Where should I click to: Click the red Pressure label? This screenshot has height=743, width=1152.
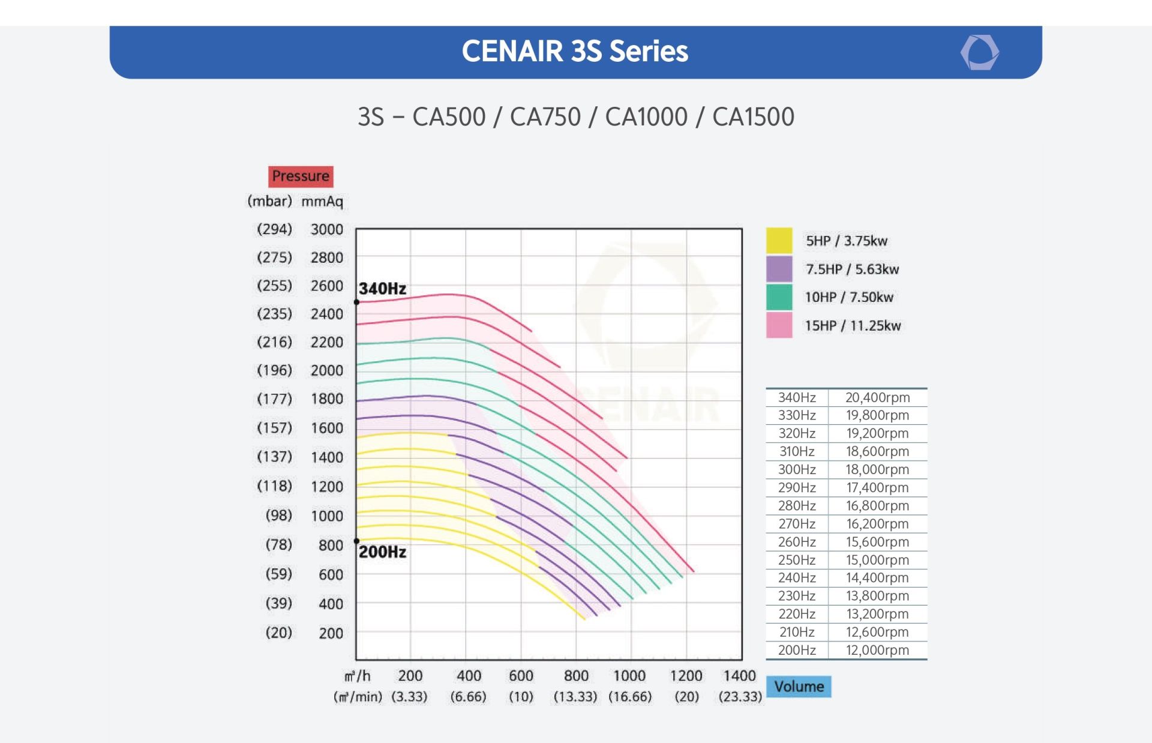tap(300, 176)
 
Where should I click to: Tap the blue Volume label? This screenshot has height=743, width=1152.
tap(799, 687)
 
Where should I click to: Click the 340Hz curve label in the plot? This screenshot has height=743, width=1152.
tap(382, 289)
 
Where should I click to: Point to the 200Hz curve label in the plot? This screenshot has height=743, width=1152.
tap(382, 552)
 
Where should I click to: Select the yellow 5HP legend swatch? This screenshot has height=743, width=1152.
tap(779, 241)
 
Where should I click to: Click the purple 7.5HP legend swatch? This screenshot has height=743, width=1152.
tap(779, 269)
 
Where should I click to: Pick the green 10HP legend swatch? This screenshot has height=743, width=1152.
tap(779, 297)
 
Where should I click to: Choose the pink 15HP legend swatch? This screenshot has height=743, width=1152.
tap(779, 325)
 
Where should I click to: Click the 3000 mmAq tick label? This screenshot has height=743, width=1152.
tap(326, 229)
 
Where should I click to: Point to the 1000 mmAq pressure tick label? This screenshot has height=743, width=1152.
tap(326, 516)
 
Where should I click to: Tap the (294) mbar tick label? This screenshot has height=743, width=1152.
tap(274, 229)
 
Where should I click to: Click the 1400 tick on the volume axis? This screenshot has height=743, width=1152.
tap(739, 676)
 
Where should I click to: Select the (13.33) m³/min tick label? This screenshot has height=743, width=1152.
tap(575, 697)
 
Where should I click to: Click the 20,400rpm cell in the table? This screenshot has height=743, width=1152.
tap(877, 397)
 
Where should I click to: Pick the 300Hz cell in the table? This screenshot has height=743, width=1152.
tap(797, 469)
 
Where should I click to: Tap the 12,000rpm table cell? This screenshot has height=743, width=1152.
tap(877, 650)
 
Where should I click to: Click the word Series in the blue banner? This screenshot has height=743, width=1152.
tap(649, 52)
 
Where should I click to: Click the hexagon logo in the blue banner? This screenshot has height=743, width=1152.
tap(979, 53)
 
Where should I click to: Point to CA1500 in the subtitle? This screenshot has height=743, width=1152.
tap(753, 117)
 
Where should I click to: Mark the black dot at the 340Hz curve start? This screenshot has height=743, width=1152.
tap(356, 302)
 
